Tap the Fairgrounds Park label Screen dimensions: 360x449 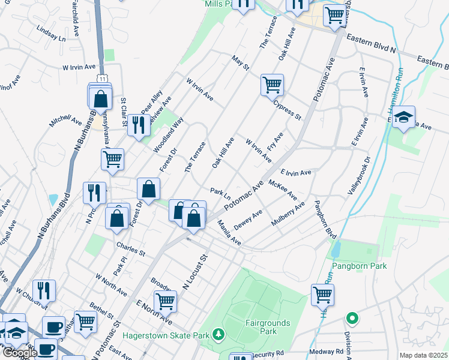(268, 327)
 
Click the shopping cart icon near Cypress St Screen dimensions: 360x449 (272, 85)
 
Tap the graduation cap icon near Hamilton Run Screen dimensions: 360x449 (404, 116)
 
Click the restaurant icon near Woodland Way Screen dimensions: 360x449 (139, 125)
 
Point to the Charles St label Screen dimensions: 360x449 (131, 249)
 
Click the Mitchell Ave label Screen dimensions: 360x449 (65, 121)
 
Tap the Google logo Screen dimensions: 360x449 (19, 353)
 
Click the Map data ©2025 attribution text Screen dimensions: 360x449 (423, 355)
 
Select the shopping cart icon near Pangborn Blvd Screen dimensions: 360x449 (322, 295)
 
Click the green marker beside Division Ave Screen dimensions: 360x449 (352, 318)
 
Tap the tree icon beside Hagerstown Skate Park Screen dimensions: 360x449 (220, 334)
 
